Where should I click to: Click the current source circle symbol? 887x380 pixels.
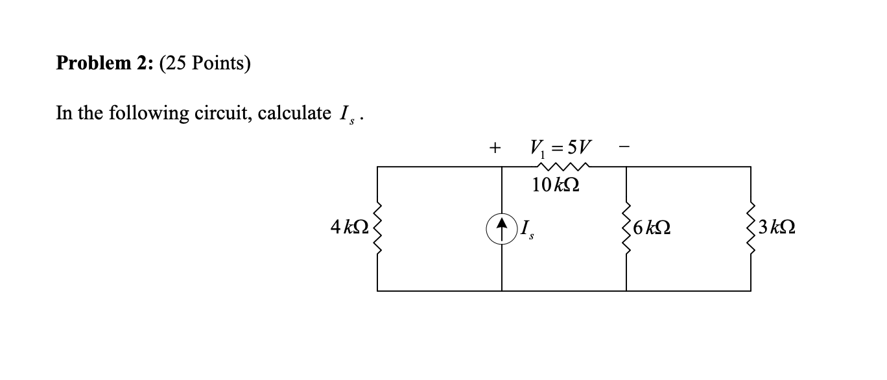pyautogui.click(x=502, y=229)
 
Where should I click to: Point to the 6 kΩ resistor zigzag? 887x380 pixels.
pyautogui.click(x=626, y=228)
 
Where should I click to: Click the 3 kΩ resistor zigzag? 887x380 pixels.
pyautogui.click(x=751, y=228)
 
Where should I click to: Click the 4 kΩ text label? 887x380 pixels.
pyautogui.click(x=348, y=228)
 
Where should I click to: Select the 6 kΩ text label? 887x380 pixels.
pyautogui.click(x=653, y=228)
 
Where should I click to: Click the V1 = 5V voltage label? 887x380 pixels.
pyautogui.click(x=563, y=145)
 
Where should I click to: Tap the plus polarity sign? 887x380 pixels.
pyautogui.click(x=495, y=148)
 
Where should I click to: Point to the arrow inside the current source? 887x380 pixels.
pyautogui.click(x=502, y=228)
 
